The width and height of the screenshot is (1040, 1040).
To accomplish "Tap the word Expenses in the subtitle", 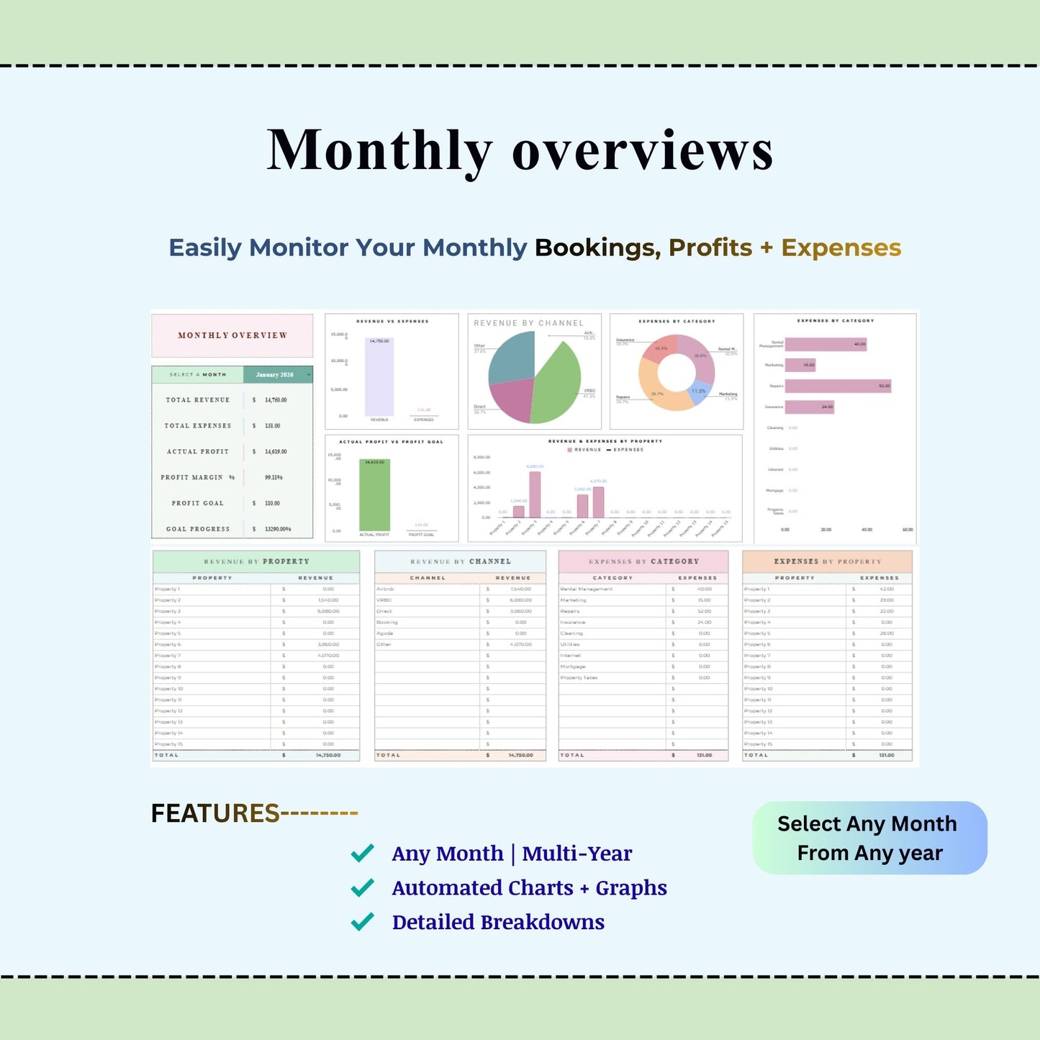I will (x=841, y=248).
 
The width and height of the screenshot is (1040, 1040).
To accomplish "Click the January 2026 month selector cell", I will (x=277, y=375).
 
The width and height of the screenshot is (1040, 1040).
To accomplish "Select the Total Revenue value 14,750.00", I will (x=275, y=400).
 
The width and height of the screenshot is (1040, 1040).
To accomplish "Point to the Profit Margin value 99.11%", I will (x=273, y=477).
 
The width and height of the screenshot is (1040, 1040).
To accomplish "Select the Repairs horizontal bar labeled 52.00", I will (x=837, y=386).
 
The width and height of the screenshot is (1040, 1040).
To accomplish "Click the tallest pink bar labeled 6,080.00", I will (x=535, y=494).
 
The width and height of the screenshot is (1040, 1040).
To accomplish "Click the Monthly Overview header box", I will (x=232, y=335).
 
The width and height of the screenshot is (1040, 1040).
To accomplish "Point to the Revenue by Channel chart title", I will (x=528, y=323).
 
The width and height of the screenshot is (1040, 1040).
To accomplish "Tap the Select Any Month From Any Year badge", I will (x=869, y=838).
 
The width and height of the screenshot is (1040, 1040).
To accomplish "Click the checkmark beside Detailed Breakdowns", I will (x=362, y=921).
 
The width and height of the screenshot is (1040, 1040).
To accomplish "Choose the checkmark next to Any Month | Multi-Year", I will (x=362, y=853).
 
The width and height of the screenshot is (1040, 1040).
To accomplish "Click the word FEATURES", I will (x=214, y=813).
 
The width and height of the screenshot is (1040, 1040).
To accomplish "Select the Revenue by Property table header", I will (x=256, y=561).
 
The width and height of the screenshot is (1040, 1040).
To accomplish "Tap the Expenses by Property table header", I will (x=827, y=561).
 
